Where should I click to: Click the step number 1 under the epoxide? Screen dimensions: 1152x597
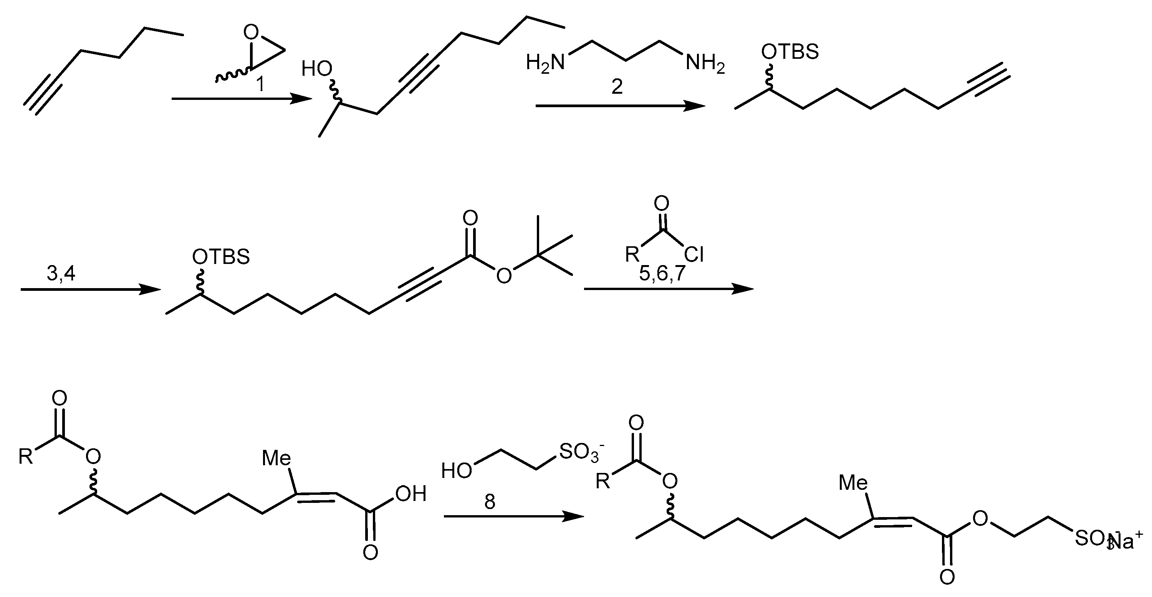[260, 84]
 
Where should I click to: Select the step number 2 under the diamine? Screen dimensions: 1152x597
[617, 87]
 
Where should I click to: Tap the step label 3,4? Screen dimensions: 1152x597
[61, 274]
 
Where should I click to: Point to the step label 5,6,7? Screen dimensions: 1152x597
[662, 274]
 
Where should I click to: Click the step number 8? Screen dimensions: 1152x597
[490, 502]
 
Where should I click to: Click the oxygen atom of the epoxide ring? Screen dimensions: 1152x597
[252, 32]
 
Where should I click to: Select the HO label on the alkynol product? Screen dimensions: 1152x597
[317, 69]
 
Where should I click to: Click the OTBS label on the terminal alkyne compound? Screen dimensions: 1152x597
[790, 52]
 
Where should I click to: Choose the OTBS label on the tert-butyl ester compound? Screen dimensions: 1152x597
[221, 257]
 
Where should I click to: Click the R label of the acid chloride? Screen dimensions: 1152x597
[632, 255]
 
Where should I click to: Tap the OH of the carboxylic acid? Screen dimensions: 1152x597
[410, 494]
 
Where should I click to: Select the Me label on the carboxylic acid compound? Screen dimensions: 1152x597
[276, 458]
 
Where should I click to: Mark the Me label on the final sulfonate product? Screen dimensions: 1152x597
[853, 483]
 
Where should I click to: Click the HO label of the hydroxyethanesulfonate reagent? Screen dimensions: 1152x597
[456, 471]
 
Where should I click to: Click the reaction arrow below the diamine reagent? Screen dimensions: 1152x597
[620, 106]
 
